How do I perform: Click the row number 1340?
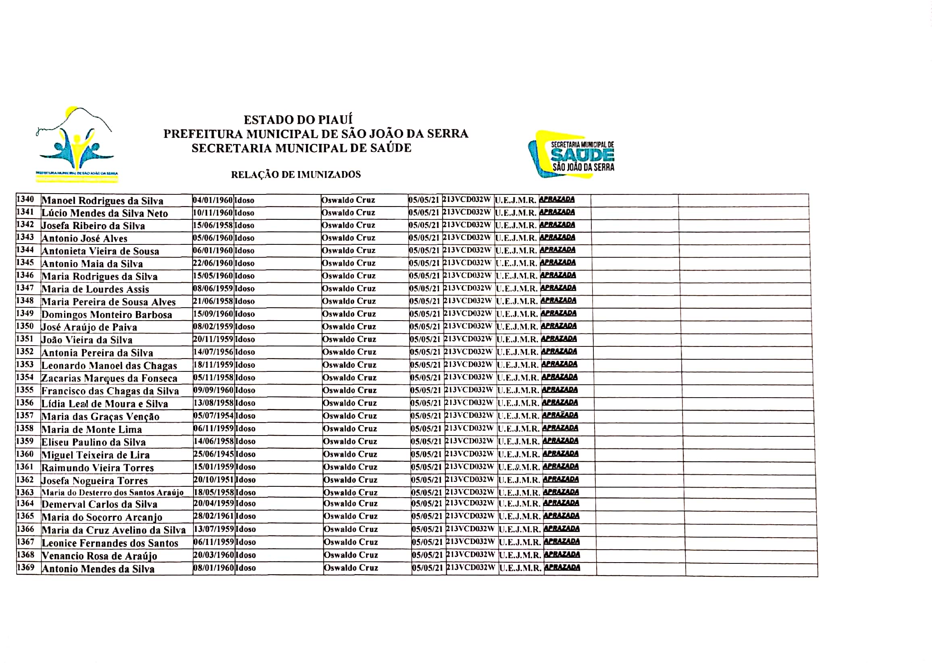(25, 199)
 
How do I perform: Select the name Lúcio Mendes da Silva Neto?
(104, 213)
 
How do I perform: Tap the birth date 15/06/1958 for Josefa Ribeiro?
(212, 225)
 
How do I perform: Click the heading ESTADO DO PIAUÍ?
(298, 120)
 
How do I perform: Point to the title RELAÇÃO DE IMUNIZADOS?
(296, 175)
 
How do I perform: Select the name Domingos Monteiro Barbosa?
(107, 315)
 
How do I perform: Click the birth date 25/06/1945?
(213, 454)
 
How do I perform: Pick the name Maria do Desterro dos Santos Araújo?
(112, 493)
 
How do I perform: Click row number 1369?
(25, 567)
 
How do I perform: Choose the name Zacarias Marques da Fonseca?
(109, 378)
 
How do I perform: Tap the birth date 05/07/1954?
(213, 416)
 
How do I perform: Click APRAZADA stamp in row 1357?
(560, 415)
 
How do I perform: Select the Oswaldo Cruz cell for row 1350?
(348, 327)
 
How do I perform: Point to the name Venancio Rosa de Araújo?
(99, 556)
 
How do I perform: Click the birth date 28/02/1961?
(213, 516)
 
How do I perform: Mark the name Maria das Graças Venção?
(100, 417)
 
